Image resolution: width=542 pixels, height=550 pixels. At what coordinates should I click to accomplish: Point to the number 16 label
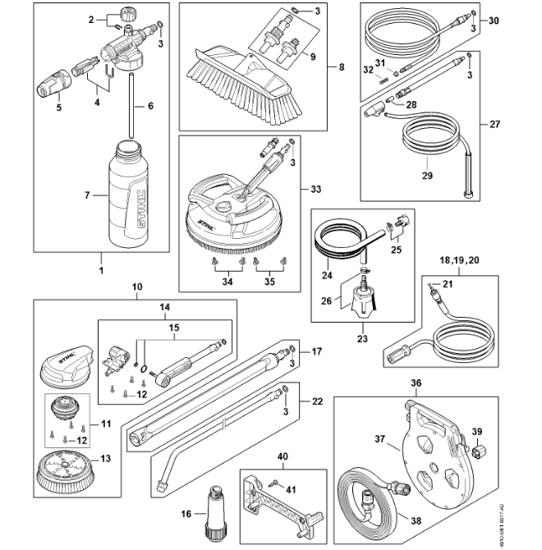pos(186,514)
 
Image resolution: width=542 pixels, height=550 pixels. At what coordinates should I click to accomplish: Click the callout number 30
pos(493,20)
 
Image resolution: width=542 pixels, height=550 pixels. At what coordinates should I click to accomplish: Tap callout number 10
pos(137,287)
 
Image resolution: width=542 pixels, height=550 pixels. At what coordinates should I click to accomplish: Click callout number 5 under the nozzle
pos(57,108)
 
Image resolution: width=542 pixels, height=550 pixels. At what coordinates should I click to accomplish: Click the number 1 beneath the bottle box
pos(103,269)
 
